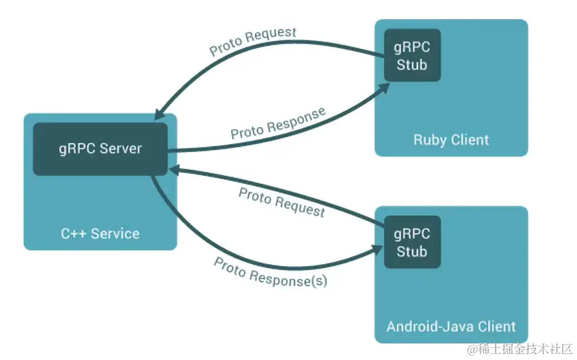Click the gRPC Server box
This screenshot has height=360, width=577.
101,149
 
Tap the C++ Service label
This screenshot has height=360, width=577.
100,234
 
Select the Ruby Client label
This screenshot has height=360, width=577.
451,140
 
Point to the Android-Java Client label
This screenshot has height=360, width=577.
451,326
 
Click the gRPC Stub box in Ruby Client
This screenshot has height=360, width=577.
412,55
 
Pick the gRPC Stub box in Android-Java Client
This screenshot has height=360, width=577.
412,242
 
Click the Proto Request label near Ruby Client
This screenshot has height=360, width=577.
253,40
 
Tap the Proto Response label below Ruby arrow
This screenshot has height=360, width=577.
278,123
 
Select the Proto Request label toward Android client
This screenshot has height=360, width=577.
282,202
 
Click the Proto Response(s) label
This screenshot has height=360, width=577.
271,273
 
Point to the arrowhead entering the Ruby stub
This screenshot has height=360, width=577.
384,88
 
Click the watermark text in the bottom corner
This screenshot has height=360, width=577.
519,349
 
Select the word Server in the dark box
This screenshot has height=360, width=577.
120,149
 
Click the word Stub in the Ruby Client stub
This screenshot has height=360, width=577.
412,65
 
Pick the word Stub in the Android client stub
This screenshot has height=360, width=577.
412,251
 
